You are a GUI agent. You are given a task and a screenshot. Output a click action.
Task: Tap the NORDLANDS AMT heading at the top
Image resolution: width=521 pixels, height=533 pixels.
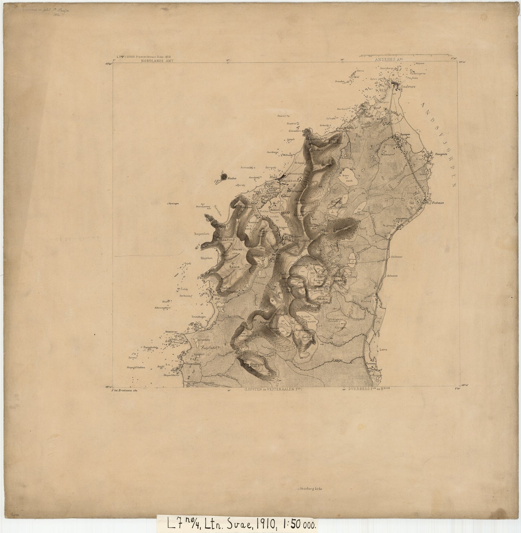pos(158,61)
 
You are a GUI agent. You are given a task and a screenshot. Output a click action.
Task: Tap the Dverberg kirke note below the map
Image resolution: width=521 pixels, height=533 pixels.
pos(310,489)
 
